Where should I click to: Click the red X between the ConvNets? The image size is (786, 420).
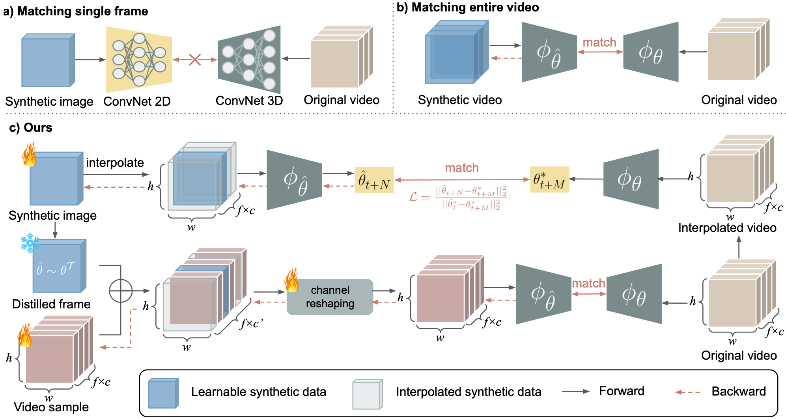(x=195, y=60)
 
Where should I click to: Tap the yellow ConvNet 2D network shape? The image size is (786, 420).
(x=139, y=60)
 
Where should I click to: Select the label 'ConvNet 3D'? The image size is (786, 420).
(x=249, y=101)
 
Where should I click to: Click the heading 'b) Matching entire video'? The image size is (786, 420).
(x=468, y=7)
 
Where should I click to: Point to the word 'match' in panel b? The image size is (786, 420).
(x=599, y=42)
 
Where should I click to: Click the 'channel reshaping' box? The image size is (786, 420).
(x=330, y=297)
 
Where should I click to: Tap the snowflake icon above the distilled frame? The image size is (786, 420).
(x=30, y=243)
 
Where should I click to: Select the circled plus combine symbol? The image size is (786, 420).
(x=121, y=291)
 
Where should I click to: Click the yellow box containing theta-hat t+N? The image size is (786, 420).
(x=374, y=180)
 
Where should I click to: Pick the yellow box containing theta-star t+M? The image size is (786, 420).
(x=549, y=179)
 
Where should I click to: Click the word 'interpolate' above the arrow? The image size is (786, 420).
(x=115, y=162)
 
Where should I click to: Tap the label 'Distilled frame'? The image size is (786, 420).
(x=51, y=304)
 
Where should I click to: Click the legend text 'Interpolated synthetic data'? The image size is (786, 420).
(x=468, y=392)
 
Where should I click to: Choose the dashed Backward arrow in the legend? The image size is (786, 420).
(x=687, y=392)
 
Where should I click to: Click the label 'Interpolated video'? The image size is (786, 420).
(x=727, y=228)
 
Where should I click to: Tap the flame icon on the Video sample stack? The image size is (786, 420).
(x=25, y=336)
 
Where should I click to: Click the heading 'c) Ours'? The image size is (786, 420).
(x=31, y=128)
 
